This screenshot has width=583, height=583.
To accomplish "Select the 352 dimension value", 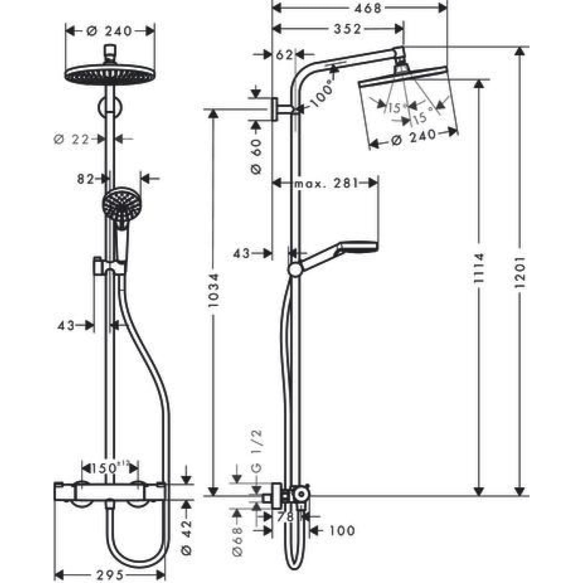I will click(x=347, y=29).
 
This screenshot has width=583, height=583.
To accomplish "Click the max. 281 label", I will click(x=326, y=183).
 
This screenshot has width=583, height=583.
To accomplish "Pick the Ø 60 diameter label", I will click(x=256, y=155).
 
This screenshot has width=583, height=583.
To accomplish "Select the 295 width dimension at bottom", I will click(x=110, y=575).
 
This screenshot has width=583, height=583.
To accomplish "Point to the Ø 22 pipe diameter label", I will click(x=72, y=139).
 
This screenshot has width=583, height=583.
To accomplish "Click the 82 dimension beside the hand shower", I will click(x=86, y=179).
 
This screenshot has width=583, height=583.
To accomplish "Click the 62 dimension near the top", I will click(x=284, y=55).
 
